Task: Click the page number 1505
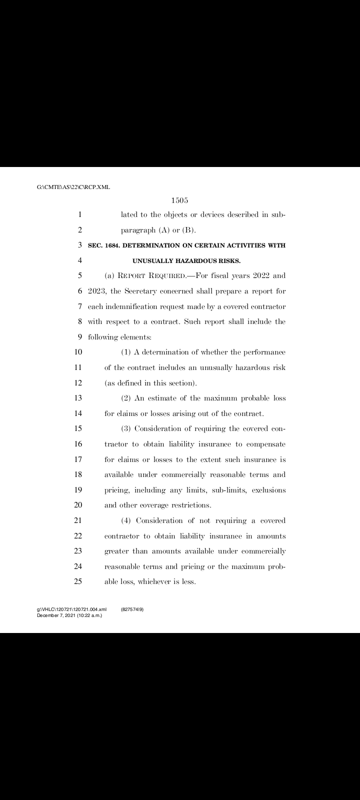[x=179, y=200]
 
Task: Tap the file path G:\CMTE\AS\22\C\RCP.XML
[x=73, y=187]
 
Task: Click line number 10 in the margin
[x=78, y=352]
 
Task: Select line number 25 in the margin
[x=78, y=581]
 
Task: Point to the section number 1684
[x=112, y=245]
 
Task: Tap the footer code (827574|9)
[x=132, y=609]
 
